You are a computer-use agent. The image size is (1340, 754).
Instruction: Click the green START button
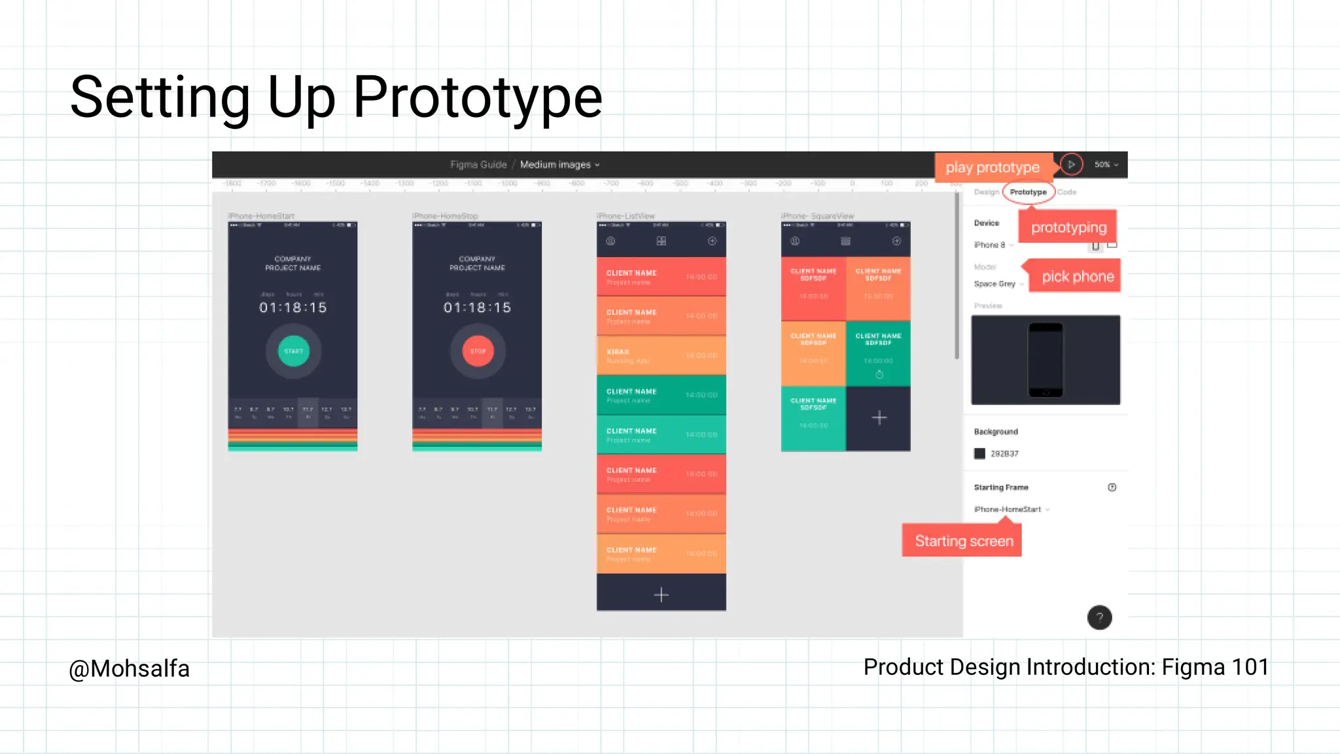point(293,351)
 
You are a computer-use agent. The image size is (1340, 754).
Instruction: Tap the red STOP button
point(478,351)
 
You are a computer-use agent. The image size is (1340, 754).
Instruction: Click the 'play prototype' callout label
point(992,167)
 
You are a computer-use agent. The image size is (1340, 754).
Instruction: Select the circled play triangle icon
point(1071,165)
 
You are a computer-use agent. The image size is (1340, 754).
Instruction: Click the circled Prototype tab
point(1028,192)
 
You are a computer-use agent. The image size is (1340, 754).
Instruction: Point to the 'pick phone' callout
point(1077,277)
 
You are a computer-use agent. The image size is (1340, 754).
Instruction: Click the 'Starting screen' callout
point(963,541)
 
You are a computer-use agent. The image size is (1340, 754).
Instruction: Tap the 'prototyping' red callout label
point(1068,228)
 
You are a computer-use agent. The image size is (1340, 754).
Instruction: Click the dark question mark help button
point(1099,617)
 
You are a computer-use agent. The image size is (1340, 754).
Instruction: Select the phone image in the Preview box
point(1045,360)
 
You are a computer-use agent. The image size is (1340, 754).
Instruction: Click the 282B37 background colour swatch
point(979,453)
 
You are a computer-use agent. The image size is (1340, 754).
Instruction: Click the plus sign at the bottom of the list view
point(661,594)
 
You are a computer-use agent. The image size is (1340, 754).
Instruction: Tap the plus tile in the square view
point(879,418)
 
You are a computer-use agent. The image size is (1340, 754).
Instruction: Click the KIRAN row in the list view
point(661,355)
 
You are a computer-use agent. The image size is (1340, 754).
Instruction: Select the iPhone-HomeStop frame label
point(445,216)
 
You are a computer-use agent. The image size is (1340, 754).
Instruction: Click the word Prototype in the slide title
point(477,98)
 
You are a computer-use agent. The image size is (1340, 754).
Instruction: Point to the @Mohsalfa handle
point(129,669)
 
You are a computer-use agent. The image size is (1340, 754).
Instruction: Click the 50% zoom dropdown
point(1106,165)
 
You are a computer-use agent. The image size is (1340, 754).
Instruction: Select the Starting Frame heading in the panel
point(1000,487)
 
